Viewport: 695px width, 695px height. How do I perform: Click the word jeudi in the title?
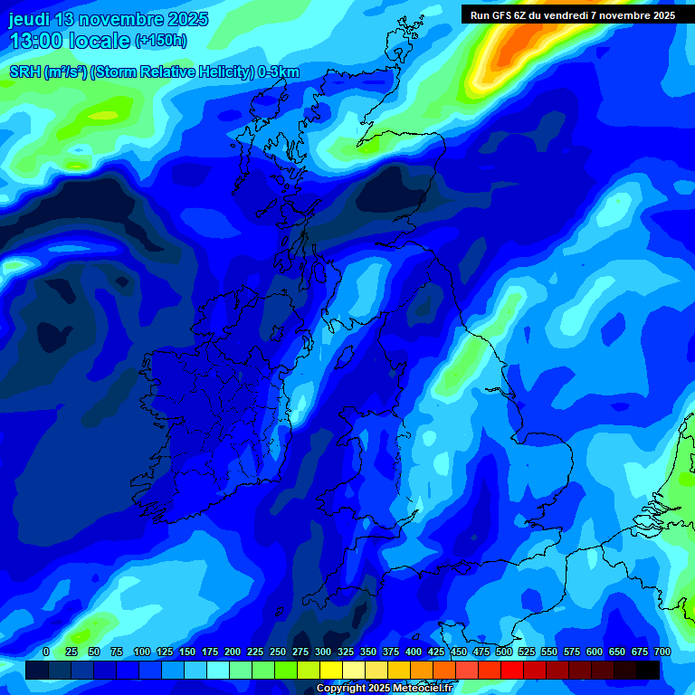coord(30,20)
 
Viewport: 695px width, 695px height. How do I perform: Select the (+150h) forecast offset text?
coord(161,41)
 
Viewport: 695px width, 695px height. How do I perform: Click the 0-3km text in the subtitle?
coord(278,72)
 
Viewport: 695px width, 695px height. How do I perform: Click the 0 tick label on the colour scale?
coord(46,652)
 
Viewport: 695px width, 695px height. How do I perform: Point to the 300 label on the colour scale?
coord(324,652)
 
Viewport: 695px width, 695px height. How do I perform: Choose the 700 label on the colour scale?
coord(662,652)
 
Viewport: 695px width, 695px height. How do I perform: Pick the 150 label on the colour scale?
coord(187,652)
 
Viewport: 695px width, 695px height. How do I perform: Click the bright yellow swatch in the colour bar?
coord(331,671)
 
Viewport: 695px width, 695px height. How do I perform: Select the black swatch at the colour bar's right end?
coord(648,671)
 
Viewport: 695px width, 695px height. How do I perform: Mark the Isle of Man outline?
coord(344,355)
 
